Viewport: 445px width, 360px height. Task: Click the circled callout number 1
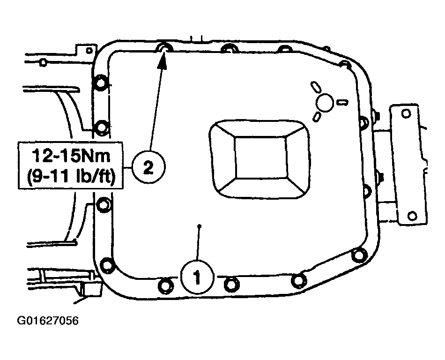pos(197,276)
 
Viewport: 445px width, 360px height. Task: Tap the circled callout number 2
pos(148,167)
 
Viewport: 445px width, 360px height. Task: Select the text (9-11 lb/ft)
pos(71,177)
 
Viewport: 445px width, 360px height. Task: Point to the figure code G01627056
pos(48,321)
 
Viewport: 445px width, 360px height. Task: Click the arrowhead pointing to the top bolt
pos(162,60)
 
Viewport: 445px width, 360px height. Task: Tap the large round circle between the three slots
pos(325,103)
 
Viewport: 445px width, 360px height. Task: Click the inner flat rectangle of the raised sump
pos(260,158)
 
